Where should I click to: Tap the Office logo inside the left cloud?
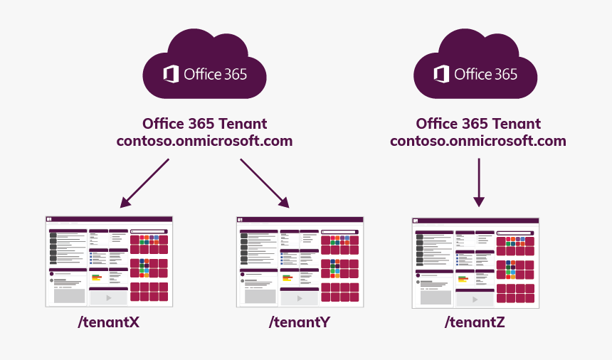tap(171, 74)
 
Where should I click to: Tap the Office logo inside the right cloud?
tap(441, 74)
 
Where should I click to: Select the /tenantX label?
tap(109, 322)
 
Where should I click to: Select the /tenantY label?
tap(300, 322)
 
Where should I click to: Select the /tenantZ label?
tap(475, 322)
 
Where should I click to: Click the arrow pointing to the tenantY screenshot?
tap(264, 183)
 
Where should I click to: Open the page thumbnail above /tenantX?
tap(109, 262)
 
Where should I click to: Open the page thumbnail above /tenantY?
tap(300, 262)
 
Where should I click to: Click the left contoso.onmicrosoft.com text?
tap(204, 141)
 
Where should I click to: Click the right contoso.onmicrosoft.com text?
tap(478, 141)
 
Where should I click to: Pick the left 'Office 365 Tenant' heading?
tap(205, 124)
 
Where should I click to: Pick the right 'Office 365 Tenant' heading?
tap(478, 124)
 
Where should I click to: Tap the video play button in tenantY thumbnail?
tap(299, 298)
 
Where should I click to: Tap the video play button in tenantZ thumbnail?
tap(475, 300)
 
